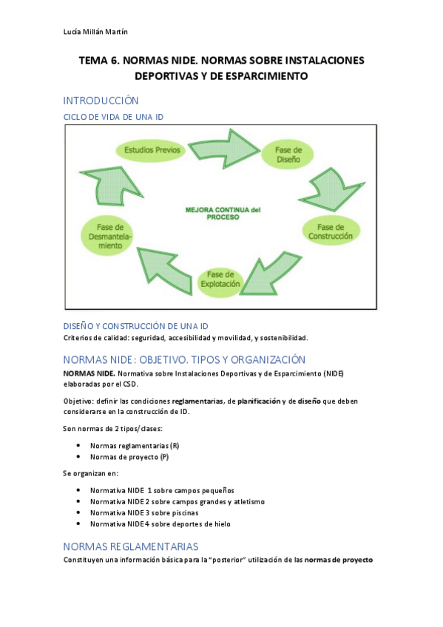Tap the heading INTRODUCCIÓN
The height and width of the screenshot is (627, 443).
pos(101,101)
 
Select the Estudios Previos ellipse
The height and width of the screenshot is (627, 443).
pos(152,150)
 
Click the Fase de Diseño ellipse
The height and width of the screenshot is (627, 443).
pos(288,154)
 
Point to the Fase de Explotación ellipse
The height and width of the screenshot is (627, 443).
pos(220,279)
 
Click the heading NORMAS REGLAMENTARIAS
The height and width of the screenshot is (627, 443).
pos(131,546)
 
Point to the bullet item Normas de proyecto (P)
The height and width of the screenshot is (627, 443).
pos(130,457)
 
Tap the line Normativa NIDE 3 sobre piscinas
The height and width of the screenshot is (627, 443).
pos(144,512)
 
